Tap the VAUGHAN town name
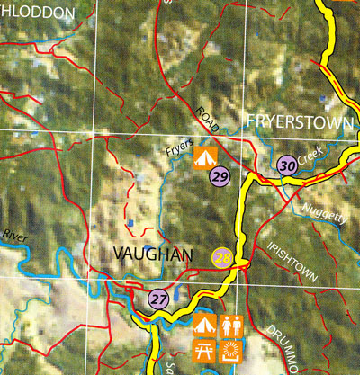pyautogui.click(x=154, y=256)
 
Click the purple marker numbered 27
pyautogui.click(x=159, y=299)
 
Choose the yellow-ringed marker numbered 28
pyautogui.click(x=222, y=258)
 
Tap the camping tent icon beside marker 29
pyautogui.click(x=204, y=159)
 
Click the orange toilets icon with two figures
pyautogui.click(x=232, y=324)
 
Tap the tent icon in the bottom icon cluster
pyautogui.click(x=204, y=324)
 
